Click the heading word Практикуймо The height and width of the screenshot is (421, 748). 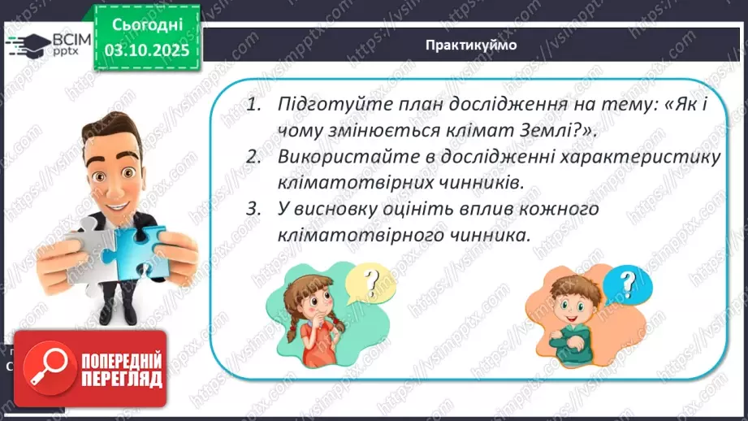click(x=470, y=45)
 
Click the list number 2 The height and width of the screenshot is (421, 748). click(x=254, y=158)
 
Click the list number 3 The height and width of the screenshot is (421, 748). click(x=254, y=209)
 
